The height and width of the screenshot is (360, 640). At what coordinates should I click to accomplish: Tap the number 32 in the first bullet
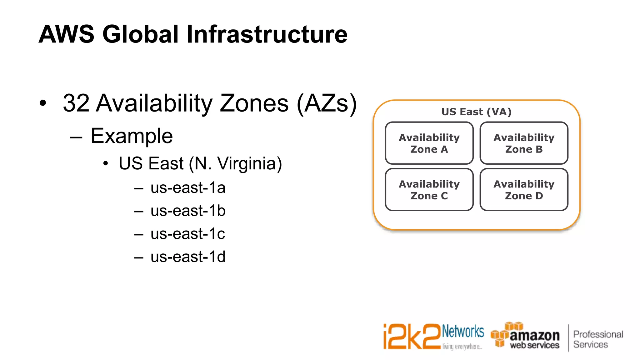(76, 103)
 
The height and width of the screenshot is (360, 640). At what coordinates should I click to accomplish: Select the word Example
(132, 136)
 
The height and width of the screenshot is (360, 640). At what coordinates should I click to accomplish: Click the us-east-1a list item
(188, 188)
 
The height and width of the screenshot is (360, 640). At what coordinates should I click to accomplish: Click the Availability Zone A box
(429, 143)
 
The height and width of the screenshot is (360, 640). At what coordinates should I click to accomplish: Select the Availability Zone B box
(524, 143)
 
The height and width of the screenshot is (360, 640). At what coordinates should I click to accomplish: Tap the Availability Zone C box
(429, 190)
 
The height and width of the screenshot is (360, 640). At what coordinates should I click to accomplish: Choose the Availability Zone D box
(524, 190)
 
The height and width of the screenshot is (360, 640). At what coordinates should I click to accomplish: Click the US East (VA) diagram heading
(476, 112)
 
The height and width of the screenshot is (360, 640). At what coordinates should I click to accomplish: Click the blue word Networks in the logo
(463, 332)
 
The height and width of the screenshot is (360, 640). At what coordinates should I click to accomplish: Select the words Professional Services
(598, 339)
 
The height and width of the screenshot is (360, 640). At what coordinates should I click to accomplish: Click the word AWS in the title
(67, 34)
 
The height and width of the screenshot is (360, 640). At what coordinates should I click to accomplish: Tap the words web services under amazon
(534, 345)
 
